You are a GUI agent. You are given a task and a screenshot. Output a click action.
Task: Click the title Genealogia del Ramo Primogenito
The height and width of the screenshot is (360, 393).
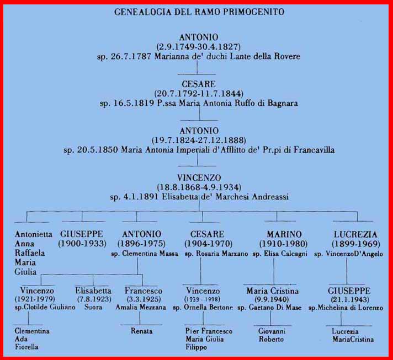199,12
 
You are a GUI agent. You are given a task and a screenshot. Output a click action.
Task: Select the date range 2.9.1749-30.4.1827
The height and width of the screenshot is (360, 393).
198,47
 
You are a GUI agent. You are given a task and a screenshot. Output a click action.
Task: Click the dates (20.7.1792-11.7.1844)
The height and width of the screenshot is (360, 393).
199,94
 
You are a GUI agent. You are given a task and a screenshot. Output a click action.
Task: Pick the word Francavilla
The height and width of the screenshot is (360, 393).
314,150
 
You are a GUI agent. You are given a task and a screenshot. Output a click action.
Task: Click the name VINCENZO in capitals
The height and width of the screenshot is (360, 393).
199,178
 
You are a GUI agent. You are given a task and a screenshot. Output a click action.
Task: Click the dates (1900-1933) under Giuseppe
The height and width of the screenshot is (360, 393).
82,244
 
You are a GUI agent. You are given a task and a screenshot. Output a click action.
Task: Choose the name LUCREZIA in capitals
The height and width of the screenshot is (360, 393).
355,234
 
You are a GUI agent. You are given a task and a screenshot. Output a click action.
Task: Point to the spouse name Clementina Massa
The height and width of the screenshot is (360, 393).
150,254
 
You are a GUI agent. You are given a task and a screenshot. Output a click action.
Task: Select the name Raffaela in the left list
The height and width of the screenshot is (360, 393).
30,253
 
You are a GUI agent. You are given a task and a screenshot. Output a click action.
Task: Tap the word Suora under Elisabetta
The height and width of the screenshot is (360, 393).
93,307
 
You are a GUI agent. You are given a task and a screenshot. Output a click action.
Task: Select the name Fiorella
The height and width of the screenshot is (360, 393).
26,347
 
